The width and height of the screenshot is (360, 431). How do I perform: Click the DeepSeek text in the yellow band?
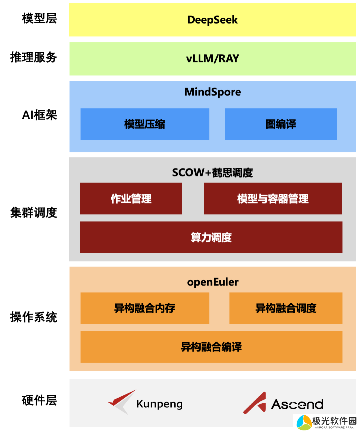[212, 20]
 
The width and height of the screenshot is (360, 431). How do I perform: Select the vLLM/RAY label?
[212, 59]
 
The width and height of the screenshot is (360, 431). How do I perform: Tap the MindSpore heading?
[212, 92]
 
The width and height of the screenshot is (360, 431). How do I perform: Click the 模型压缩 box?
[145, 124]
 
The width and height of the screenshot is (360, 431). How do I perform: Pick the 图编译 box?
[281, 124]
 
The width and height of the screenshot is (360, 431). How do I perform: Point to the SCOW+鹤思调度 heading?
[212, 172]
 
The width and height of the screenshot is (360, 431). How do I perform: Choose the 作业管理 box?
[131, 198]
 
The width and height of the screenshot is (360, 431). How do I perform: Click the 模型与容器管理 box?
[273, 198]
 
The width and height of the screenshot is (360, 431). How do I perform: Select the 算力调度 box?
[211, 237]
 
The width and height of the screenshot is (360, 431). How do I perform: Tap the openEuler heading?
[213, 282]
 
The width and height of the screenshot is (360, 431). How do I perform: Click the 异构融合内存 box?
[145, 308]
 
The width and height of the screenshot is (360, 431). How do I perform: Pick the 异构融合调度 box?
[286, 308]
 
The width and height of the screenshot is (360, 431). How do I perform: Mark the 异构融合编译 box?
[211, 347]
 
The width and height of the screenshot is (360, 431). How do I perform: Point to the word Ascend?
[297, 404]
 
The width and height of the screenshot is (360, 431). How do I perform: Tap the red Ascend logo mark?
[255, 403]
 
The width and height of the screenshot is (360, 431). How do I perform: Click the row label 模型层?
[39, 18]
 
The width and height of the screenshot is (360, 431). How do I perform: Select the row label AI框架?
[39, 115]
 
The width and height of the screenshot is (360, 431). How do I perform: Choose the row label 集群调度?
[34, 212]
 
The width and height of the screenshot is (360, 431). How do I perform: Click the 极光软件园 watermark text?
[334, 421]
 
